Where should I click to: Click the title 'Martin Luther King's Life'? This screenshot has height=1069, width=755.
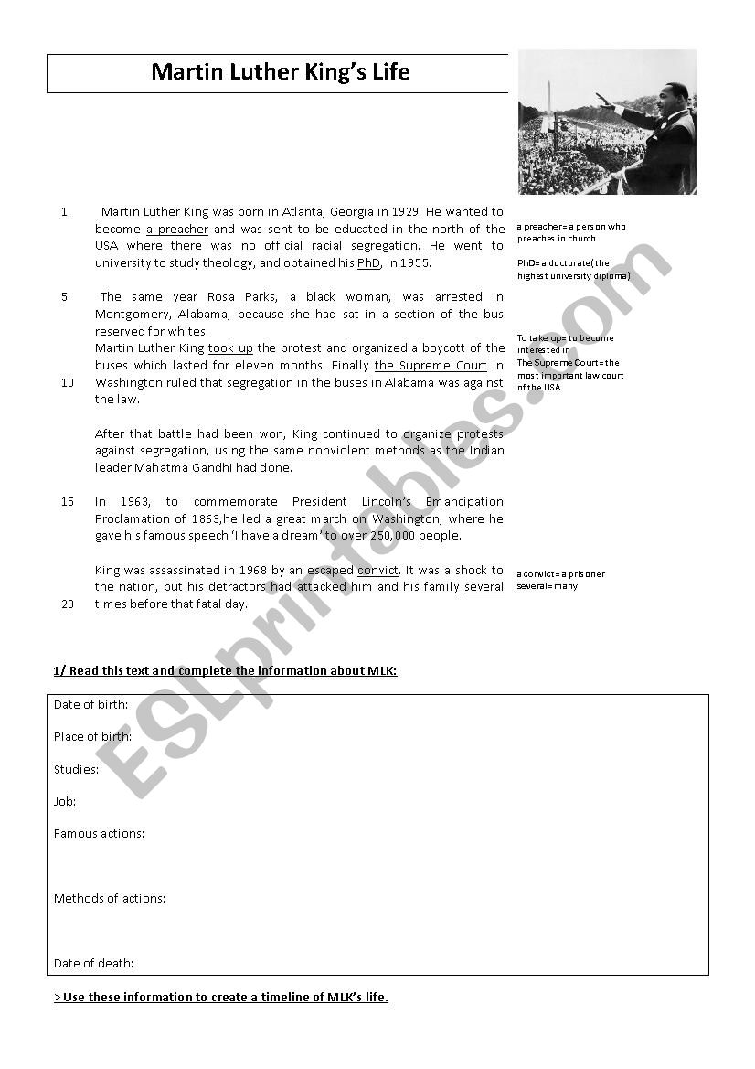pyautogui.click(x=280, y=72)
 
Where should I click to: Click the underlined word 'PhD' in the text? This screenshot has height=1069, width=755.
pyautogui.click(x=368, y=263)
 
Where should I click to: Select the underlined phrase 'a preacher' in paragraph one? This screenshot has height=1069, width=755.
pyautogui.click(x=177, y=230)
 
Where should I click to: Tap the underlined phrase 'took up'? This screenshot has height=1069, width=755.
pyautogui.click(x=230, y=348)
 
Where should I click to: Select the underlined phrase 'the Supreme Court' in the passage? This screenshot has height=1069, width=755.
pyautogui.click(x=431, y=366)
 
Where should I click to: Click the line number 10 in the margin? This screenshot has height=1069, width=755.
pyautogui.click(x=68, y=383)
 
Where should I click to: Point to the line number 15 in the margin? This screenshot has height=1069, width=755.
pyautogui.click(x=68, y=502)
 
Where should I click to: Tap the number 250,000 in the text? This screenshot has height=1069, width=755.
pyautogui.click(x=390, y=536)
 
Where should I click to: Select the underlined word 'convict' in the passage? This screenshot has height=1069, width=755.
pyautogui.click(x=377, y=571)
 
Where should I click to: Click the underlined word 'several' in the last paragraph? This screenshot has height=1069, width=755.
pyautogui.click(x=484, y=587)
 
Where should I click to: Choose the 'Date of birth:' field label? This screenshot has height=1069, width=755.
pyautogui.click(x=90, y=705)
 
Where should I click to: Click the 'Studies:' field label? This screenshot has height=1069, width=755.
pyautogui.click(x=76, y=770)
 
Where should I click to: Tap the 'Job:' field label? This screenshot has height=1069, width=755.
pyautogui.click(x=65, y=802)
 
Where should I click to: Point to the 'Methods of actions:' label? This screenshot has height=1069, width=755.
pyautogui.click(x=110, y=899)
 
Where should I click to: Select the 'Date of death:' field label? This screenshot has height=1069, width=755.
pyautogui.click(x=93, y=964)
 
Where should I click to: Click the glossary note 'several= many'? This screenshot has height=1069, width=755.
pyautogui.click(x=548, y=586)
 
